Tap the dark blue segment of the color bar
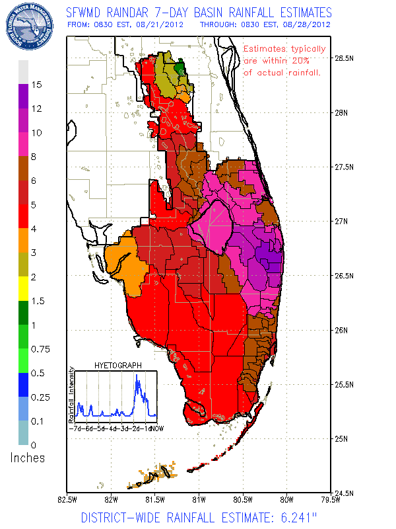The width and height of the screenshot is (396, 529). coord(23,384)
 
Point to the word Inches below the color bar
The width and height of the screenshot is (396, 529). coord(27,458)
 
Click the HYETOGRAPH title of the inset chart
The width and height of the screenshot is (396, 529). coord(116,365)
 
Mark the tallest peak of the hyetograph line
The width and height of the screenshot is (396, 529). coord(137,376)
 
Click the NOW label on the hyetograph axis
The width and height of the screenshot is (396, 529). coord(156,428)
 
